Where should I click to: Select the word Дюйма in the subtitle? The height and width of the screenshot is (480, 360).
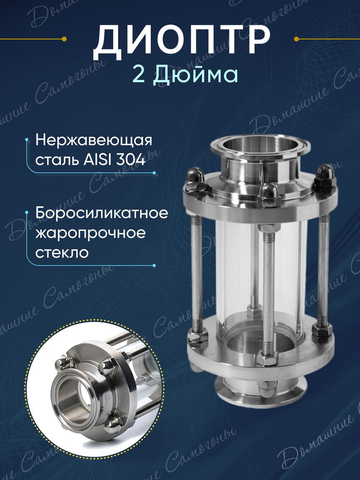point(195,75)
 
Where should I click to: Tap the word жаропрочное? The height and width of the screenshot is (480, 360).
point(90,234)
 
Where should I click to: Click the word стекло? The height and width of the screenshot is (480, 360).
point(62,253)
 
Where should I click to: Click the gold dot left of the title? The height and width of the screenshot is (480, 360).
point(64,39)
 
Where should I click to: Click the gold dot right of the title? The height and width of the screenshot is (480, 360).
point(296,39)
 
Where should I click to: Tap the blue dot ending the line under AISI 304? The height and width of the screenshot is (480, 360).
point(154,173)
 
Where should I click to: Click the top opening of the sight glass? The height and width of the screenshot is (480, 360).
point(256,144)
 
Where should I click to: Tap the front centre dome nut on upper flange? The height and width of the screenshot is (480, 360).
point(269,195)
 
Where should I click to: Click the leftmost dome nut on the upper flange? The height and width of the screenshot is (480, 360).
point(196,179)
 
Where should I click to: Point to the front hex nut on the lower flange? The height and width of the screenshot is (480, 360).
point(267,357)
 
